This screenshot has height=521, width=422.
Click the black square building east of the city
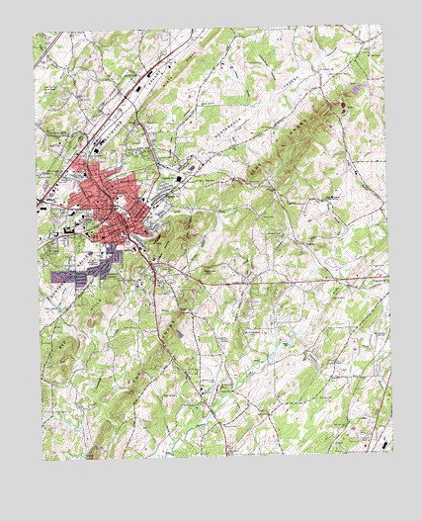click(x=179, y=179)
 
